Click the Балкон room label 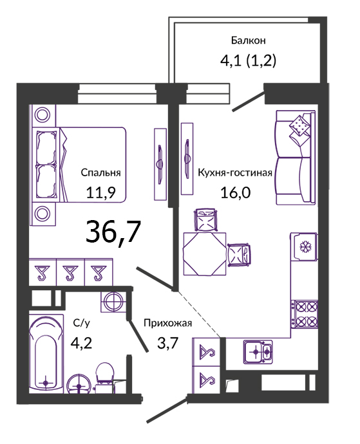click(249, 41)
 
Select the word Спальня click(100, 172)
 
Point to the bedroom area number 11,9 click(101, 193)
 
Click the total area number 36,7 click(113, 232)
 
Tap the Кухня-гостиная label click(235, 172)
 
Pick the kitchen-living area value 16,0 click(236, 192)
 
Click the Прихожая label click(168, 323)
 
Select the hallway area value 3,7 click(167, 343)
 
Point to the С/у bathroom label click(82, 323)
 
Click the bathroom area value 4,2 click(81, 343)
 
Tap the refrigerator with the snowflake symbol click(303, 246)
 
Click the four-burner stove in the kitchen click(305, 314)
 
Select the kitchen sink click(258, 352)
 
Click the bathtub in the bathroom click(46, 354)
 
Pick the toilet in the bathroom click(104, 376)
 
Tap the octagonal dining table click(205, 254)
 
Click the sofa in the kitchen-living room click(296, 157)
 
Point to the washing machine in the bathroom click(113, 302)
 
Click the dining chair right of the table click(239, 255)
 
